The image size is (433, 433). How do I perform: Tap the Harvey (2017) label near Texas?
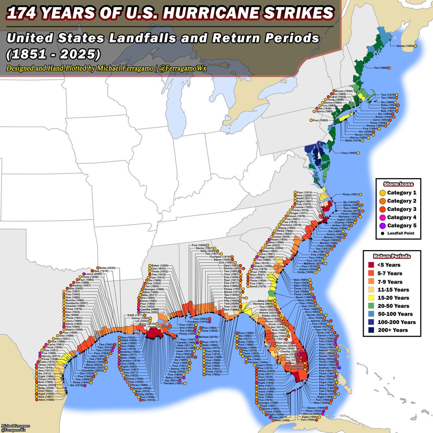[51, 356]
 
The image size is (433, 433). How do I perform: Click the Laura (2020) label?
[93, 274]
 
